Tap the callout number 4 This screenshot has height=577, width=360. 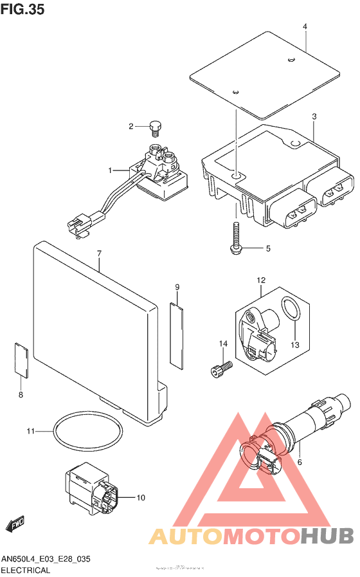click(305, 26)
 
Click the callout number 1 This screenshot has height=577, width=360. click(111, 170)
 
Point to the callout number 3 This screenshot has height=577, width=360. click(314, 116)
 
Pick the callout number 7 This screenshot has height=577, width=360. click(100, 254)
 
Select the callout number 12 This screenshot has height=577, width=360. click(261, 280)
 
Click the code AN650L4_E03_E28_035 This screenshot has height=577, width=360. click(45, 559)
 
